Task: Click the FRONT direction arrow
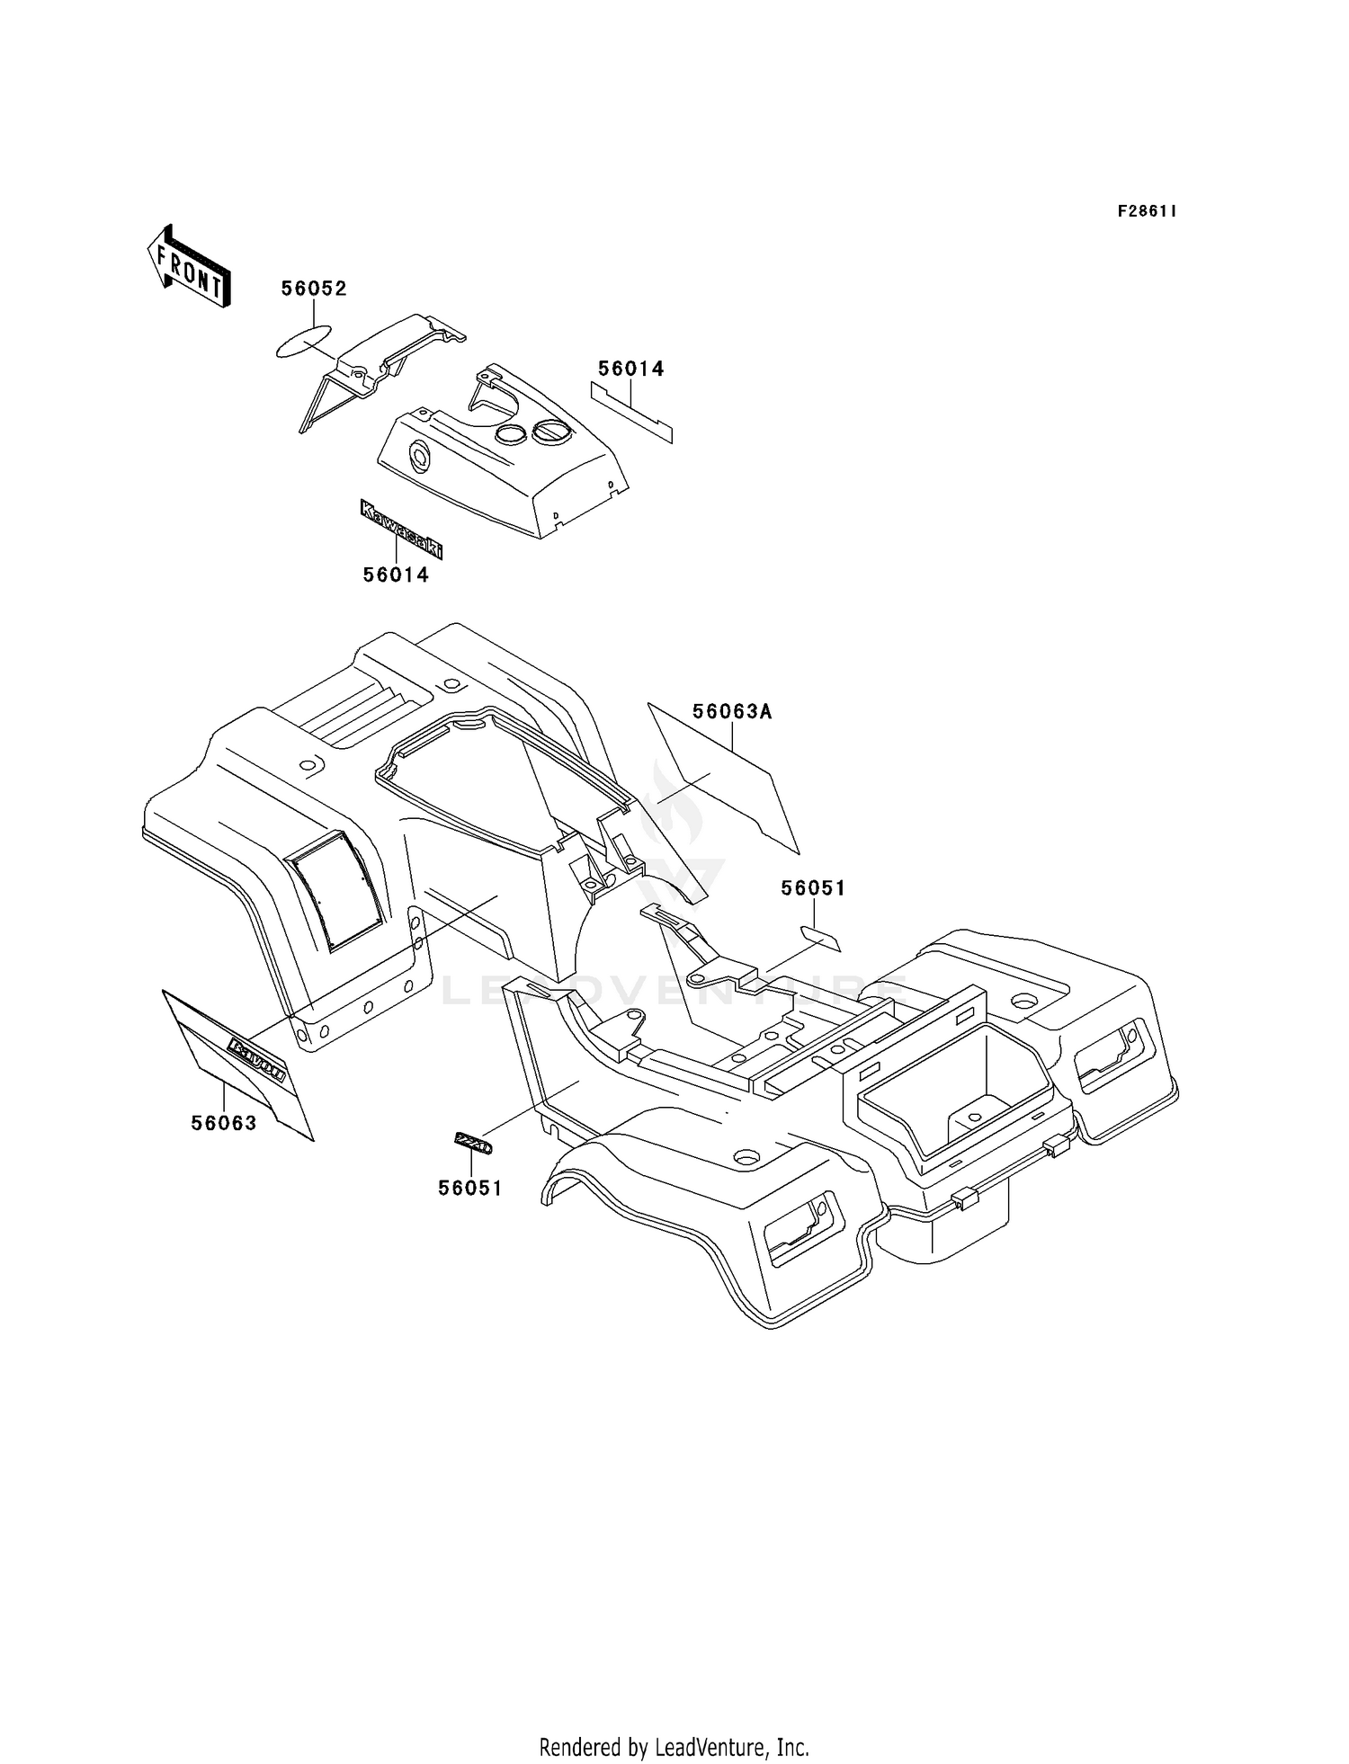click(189, 268)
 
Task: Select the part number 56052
click(314, 289)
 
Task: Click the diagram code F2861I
click(1147, 211)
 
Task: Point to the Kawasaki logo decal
click(401, 530)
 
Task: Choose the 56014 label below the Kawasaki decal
click(396, 575)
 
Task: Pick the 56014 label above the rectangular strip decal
click(631, 369)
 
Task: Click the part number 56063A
click(732, 712)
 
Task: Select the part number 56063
click(224, 1123)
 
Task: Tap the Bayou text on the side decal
click(258, 1060)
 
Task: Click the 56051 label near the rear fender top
click(813, 888)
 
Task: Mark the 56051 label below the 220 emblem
click(470, 1188)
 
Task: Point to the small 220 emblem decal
click(472, 1144)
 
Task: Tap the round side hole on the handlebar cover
click(420, 458)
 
